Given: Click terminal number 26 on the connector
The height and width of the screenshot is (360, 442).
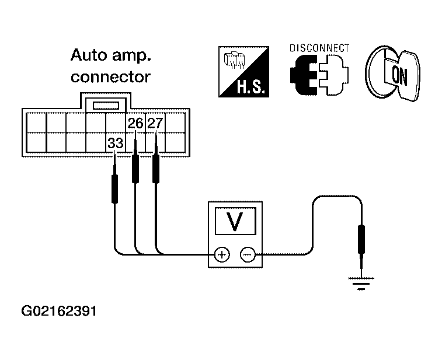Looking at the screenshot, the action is point(135,123).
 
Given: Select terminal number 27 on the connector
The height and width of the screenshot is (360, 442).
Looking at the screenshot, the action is point(155,123).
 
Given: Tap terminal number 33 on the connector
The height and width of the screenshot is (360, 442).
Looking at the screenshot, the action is point(116,144).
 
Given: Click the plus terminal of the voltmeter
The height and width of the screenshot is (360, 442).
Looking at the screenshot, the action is point(222,254).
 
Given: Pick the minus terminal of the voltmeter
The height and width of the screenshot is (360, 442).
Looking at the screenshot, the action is point(248,254).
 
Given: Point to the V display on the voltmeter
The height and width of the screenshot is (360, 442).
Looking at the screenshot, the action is point(235,221).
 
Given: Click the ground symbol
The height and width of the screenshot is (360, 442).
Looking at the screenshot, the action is point(361,284).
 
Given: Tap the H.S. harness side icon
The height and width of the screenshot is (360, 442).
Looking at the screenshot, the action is point(244,72).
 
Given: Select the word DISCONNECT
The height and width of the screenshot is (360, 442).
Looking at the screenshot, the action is point(319,48).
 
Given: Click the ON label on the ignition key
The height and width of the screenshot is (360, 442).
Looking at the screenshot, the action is point(400,75).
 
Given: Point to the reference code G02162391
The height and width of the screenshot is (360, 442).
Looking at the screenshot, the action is point(59,311).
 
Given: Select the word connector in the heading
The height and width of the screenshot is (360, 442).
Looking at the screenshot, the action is point(110,77).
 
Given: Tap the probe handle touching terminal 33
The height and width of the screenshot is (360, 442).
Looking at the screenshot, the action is point(114,188).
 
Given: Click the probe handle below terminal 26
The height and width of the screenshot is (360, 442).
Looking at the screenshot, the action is point(135,169).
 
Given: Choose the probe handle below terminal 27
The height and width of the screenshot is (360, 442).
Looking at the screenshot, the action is point(156,169).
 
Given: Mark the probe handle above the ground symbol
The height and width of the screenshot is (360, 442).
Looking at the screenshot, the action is point(361,239).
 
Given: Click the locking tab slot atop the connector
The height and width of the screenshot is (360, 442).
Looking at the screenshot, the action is point(106,106).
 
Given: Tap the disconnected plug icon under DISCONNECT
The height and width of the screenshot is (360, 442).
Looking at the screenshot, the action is point(319,75).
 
